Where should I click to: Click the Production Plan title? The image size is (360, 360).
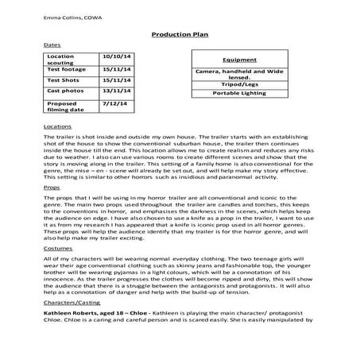[x=179, y=36]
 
